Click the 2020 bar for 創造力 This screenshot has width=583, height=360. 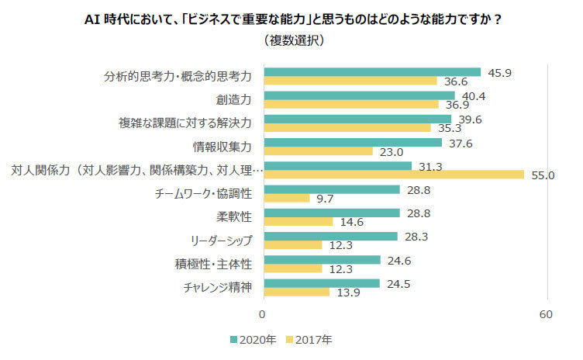pyautogui.click(x=360, y=95)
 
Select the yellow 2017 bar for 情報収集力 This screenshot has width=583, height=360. pyautogui.click(x=319, y=151)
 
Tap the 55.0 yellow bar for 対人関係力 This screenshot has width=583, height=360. pyautogui.click(x=394, y=175)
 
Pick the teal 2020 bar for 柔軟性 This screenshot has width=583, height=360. pyautogui.click(x=332, y=213)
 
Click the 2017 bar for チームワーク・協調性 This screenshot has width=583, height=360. pyautogui.click(x=287, y=199)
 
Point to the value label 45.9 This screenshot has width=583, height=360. pyautogui.click(x=500, y=73)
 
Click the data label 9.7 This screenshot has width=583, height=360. pyautogui.click(x=325, y=199)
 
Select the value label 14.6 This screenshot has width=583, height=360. pyautogui.click(x=352, y=222)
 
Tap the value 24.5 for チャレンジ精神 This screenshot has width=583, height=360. pyautogui.click(x=398, y=284)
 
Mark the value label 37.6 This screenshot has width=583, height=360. pyautogui.click(x=461, y=144)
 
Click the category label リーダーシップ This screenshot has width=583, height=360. pyautogui.click(x=221, y=241)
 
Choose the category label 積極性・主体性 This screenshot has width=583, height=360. pyautogui.click(x=213, y=264)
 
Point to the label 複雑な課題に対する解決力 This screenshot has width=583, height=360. pyautogui.click(x=185, y=123)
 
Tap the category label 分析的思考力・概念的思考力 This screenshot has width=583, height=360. pyautogui.click(x=178, y=76)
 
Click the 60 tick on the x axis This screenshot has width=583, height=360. pyautogui.click(x=546, y=314)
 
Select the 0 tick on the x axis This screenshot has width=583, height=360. pyautogui.click(x=262, y=314)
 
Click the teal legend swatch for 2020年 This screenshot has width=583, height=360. pyautogui.click(x=233, y=340)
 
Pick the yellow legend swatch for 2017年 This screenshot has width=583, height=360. pyautogui.click(x=289, y=340)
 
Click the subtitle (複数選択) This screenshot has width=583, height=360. pyautogui.click(x=294, y=40)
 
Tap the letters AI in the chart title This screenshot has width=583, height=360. pyautogui.click(x=92, y=19)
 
